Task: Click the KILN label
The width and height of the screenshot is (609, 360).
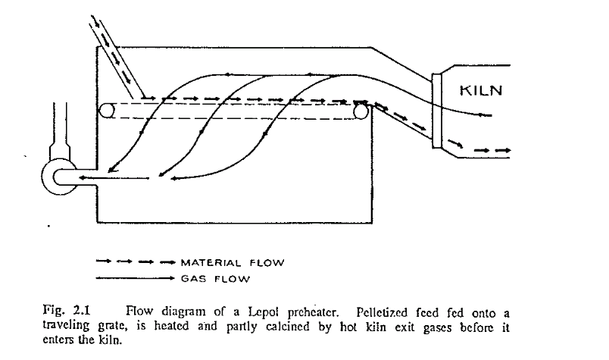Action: [482, 92]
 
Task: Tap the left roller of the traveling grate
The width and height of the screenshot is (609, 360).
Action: [108, 111]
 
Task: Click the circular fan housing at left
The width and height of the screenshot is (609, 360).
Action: [58, 173]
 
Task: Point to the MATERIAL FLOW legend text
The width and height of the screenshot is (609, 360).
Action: [232, 263]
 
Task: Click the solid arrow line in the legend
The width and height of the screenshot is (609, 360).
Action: [136, 278]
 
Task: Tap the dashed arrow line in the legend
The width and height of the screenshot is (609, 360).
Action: [136, 263]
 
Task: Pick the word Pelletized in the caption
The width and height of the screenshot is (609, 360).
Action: [374, 310]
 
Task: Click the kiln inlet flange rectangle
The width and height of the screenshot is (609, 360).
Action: [437, 111]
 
